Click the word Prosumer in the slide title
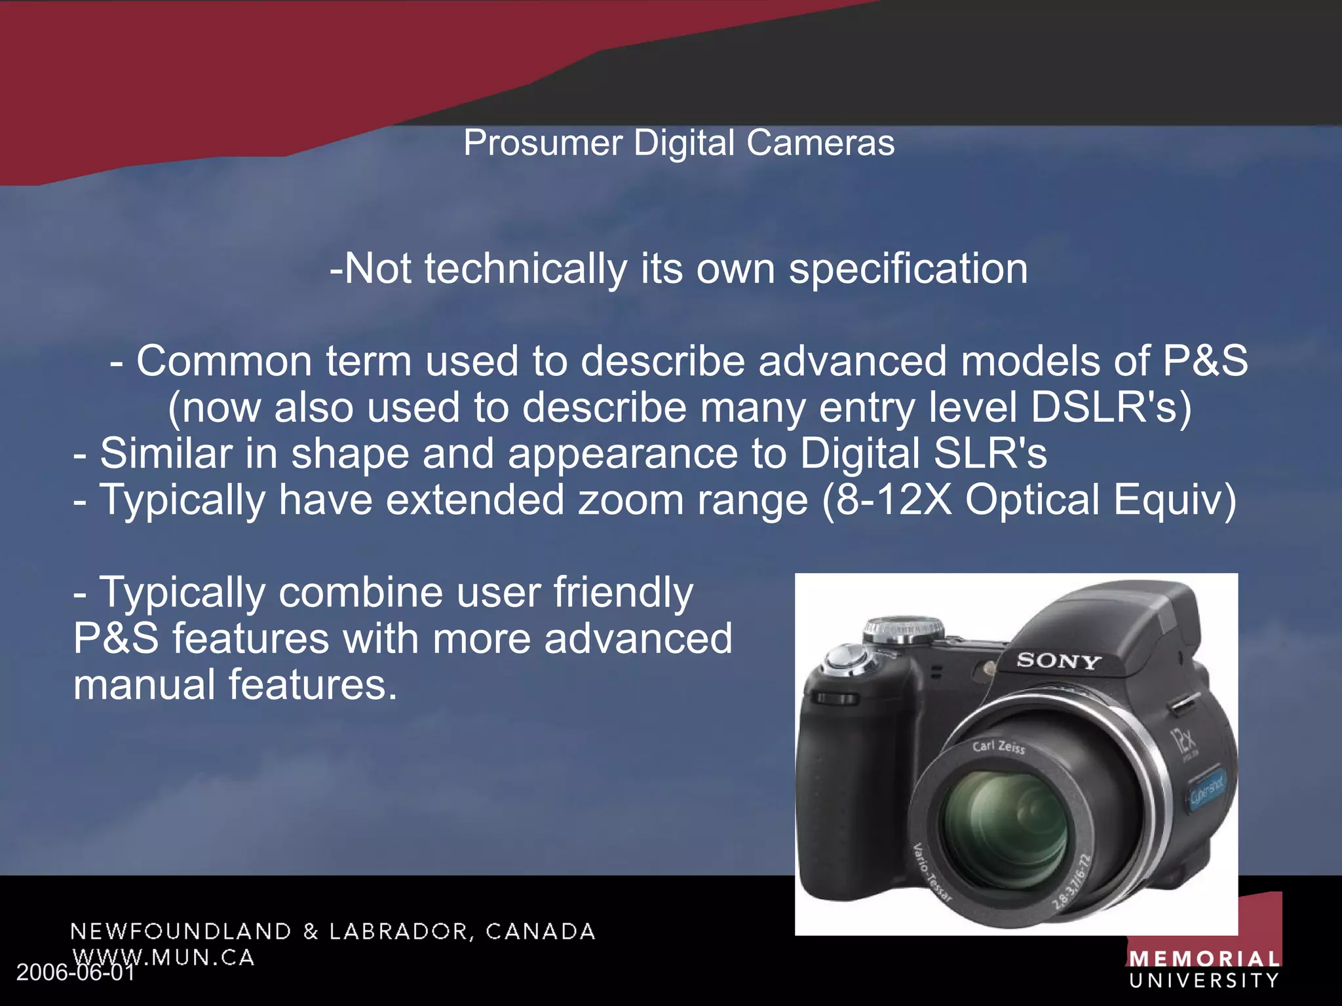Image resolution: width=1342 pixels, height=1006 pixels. coord(543,143)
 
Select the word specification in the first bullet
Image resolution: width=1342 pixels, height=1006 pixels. coord(908,269)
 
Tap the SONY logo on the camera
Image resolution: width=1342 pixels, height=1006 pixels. coord(1058,661)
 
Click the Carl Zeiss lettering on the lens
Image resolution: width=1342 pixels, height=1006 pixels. coord(999,747)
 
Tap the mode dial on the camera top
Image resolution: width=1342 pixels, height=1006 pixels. coord(904,629)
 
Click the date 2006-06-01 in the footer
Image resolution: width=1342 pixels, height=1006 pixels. coord(75,973)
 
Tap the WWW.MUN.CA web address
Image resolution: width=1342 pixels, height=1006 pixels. coord(164,957)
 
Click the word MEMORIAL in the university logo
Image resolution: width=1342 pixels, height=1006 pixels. coord(1204,959)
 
